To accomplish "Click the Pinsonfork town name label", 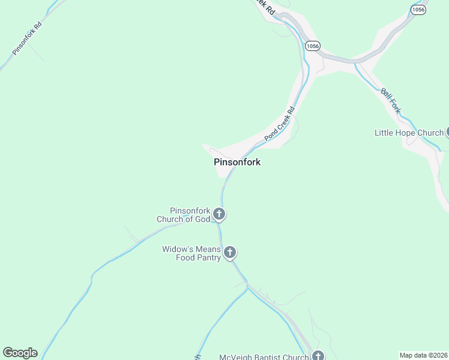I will pyautogui.click(x=237, y=162).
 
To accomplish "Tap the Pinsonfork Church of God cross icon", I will pyautogui.click(x=219, y=214).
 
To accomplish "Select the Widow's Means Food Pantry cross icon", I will pyautogui.click(x=230, y=253).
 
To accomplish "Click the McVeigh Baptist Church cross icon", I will pyautogui.click(x=318, y=356).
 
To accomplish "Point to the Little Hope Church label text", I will pyautogui.click(x=409, y=133).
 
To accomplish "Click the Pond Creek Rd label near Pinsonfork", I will pyautogui.click(x=279, y=124).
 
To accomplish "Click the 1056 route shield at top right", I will pyautogui.click(x=418, y=10).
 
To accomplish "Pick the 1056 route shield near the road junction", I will pyautogui.click(x=312, y=46).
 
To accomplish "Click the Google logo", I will pyautogui.click(x=20, y=353).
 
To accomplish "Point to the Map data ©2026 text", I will pyautogui.click(x=423, y=355).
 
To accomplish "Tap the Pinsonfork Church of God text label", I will pyautogui.click(x=184, y=215).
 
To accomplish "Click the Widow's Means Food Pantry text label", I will pyautogui.click(x=191, y=254).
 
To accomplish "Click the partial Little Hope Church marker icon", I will pyautogui.click(x=447, y=133).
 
